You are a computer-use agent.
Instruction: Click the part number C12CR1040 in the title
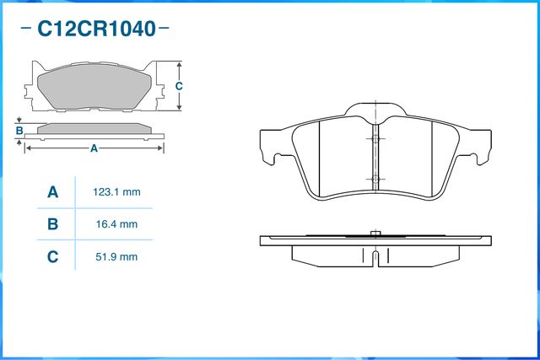[97, 30]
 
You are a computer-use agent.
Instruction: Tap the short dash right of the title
[165, 30]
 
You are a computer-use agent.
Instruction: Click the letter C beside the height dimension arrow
[179, 87]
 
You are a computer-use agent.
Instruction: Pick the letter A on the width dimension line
[94, 148]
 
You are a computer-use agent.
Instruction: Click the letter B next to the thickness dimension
[19, 131]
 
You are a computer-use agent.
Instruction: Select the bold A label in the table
[52, 192]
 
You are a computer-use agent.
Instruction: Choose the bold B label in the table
[52, 224]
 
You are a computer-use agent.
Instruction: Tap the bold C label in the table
[52, 256]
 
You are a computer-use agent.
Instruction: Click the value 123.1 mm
[116, 192]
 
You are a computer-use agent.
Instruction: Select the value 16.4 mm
[116, 224]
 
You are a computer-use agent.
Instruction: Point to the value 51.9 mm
[116, 256]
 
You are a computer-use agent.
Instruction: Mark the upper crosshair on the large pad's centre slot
[374, 138]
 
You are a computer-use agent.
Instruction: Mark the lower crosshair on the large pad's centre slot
[374, 179]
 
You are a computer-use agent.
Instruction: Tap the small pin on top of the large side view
[375, 233]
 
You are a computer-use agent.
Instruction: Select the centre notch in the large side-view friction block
[375, 255]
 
